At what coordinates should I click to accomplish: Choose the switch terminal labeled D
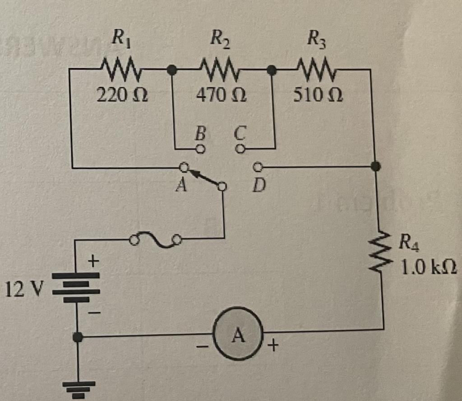click(x=257, y=167)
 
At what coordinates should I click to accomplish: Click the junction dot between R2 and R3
click(x=272, y=70)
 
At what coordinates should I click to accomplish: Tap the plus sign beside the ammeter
click(x=273, y=346)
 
